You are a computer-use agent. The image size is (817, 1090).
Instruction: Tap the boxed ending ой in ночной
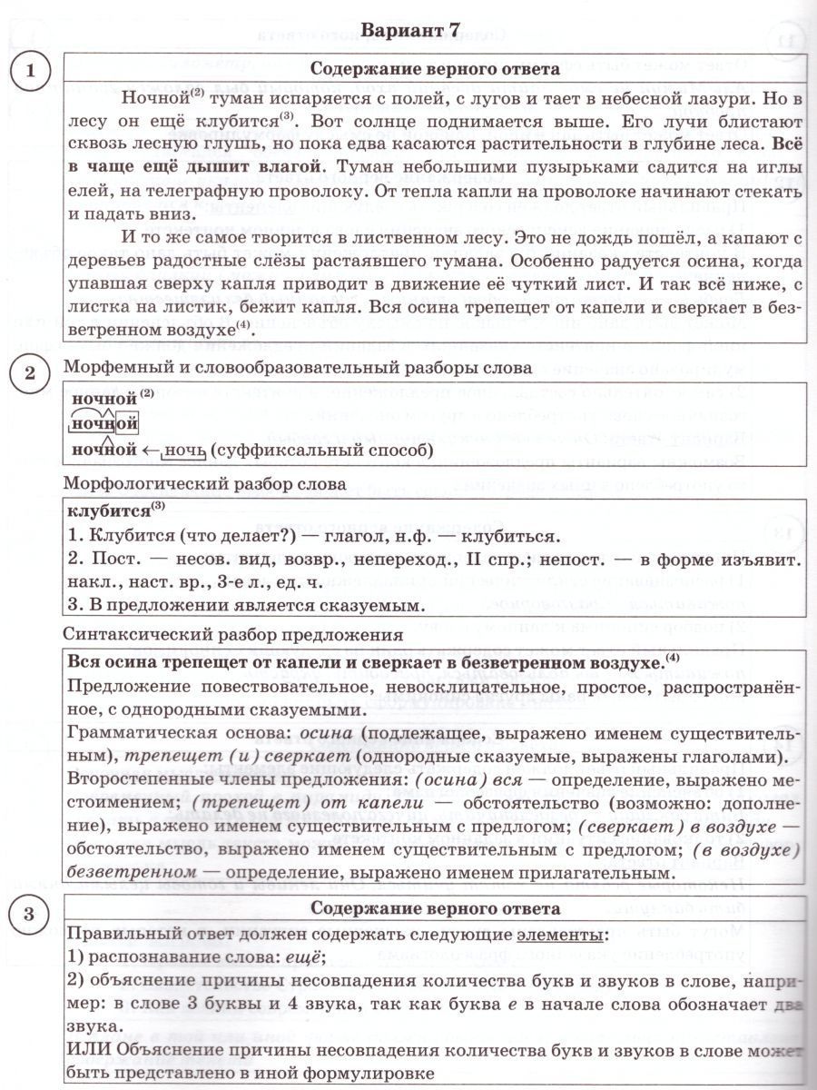(x=127, y=424)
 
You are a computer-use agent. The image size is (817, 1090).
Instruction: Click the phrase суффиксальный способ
(x=323, y=451)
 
